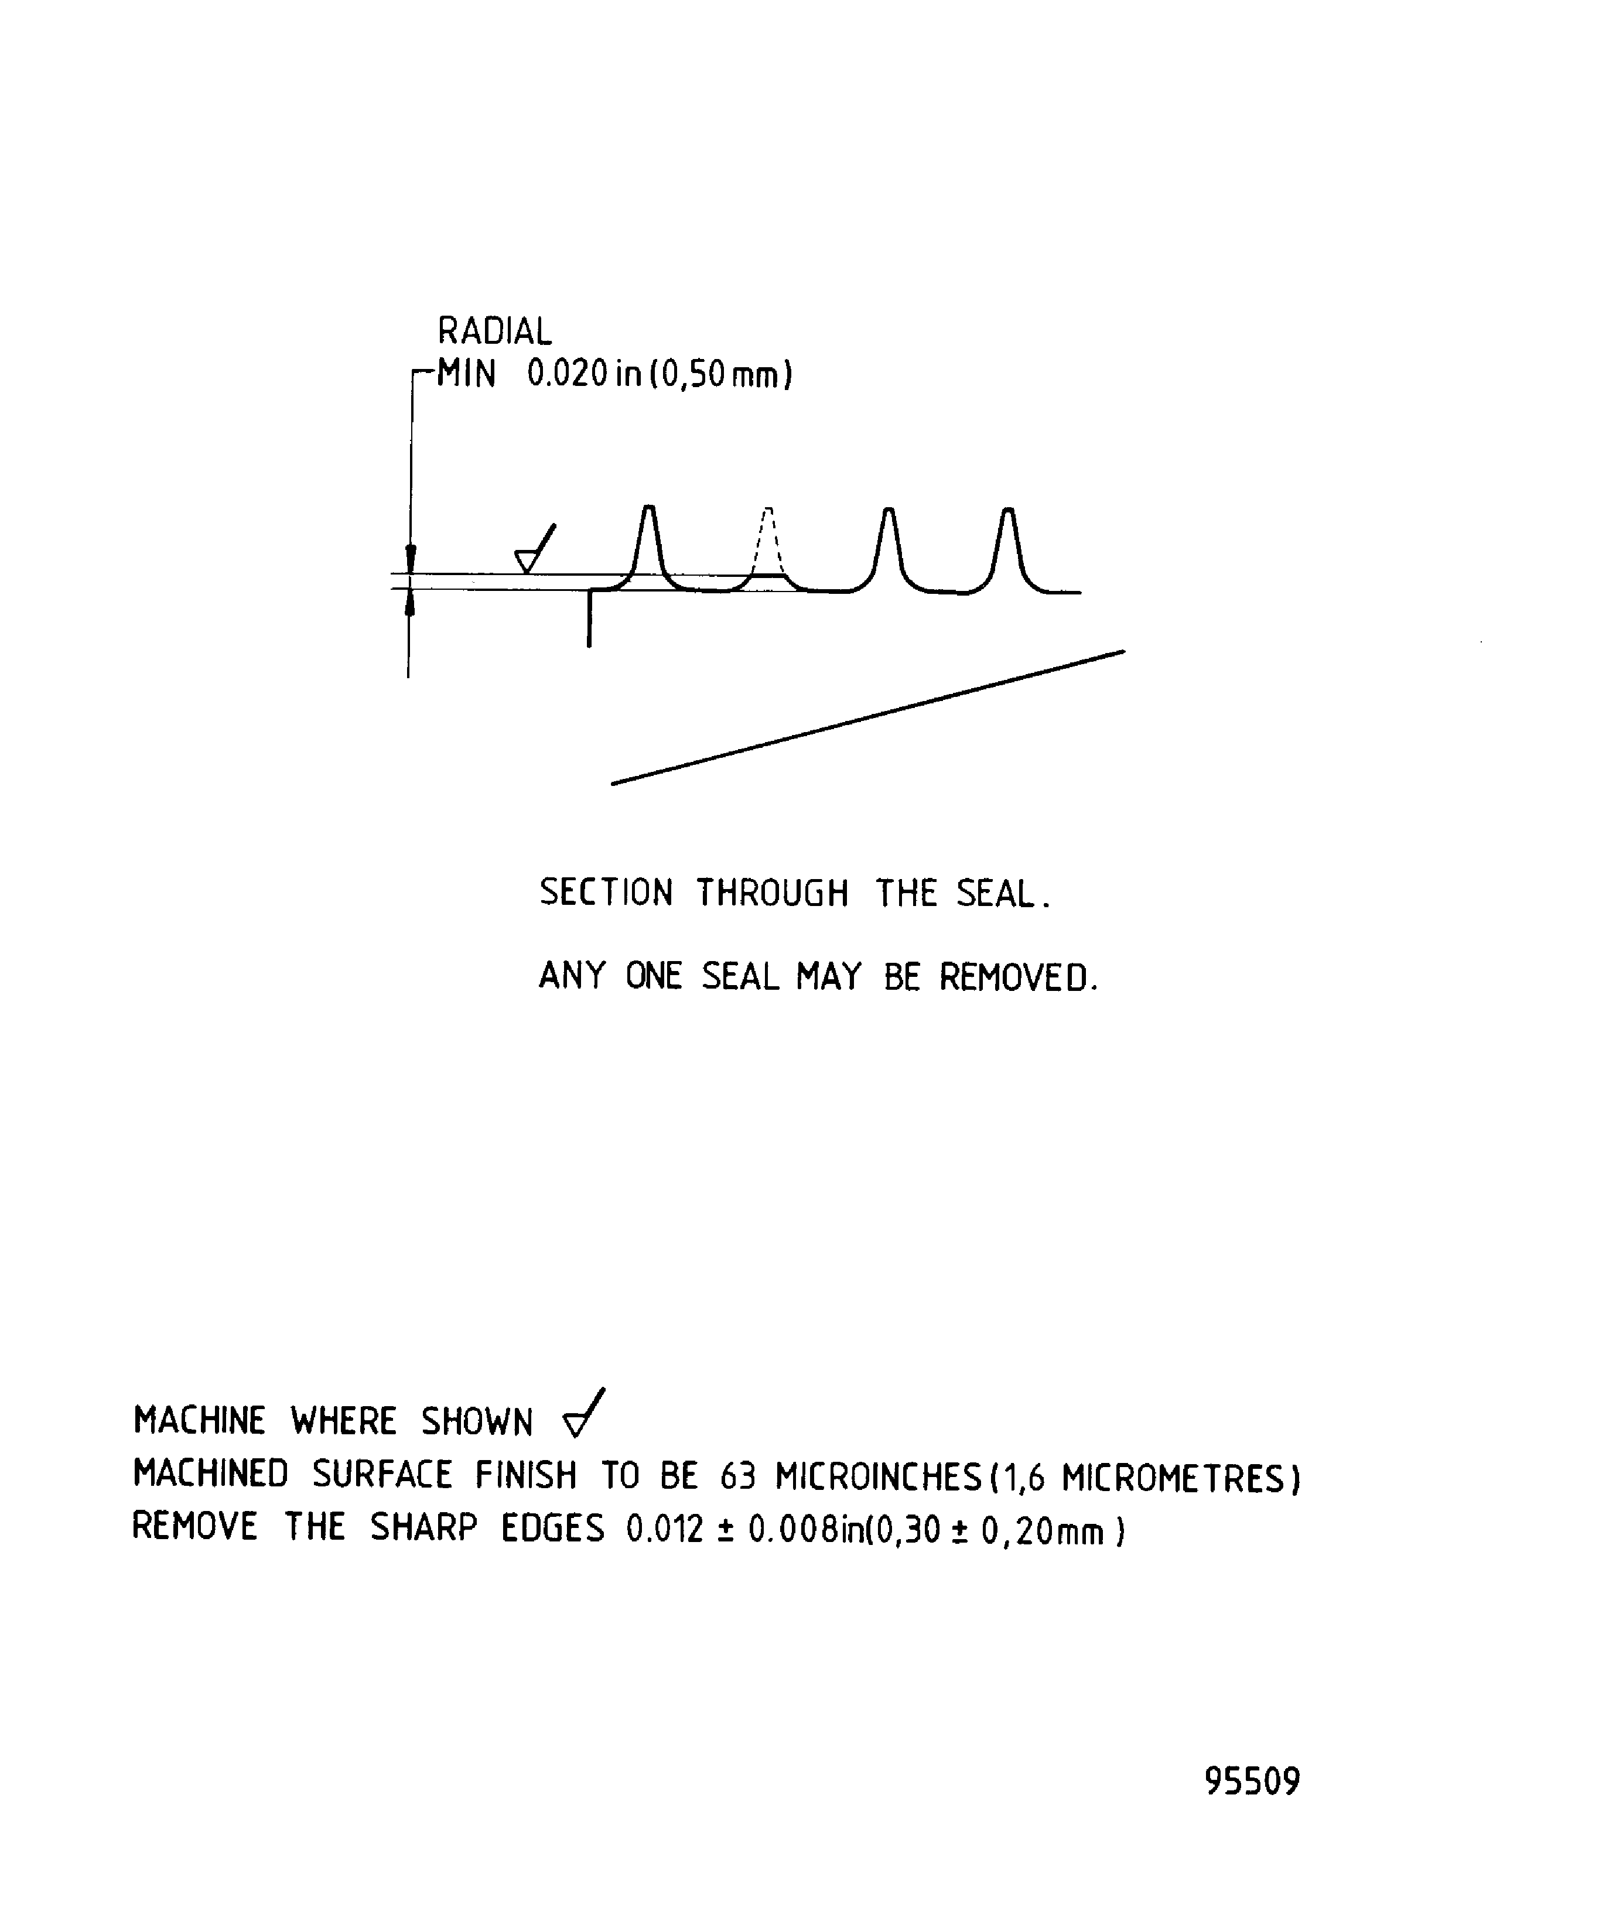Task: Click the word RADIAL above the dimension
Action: (494, 331)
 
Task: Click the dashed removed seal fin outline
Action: (768, 542)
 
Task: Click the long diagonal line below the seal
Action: (867, 717)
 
